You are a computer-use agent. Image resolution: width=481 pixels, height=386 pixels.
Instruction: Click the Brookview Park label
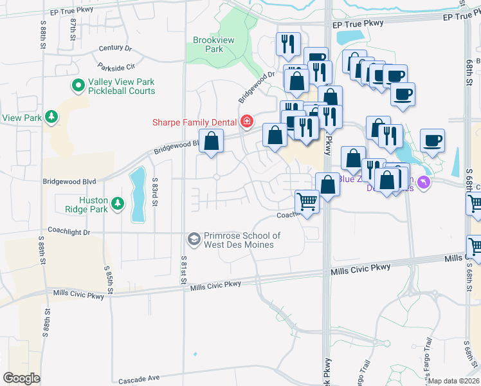(x=209, y=44)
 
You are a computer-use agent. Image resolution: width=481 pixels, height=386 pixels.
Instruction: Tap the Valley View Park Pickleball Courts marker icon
(x=78, y=85)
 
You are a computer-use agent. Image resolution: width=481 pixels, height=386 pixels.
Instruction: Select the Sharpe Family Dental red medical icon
(x=246, y=122)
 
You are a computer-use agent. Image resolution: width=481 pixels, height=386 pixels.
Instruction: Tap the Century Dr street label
(x=115, y=48)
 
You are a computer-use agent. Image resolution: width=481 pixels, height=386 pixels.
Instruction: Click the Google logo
(x=21, y=378)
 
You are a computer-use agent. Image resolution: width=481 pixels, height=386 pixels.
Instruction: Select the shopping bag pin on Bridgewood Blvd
(x=211, y=141)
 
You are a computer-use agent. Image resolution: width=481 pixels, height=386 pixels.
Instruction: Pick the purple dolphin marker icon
(x=423, y=183)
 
